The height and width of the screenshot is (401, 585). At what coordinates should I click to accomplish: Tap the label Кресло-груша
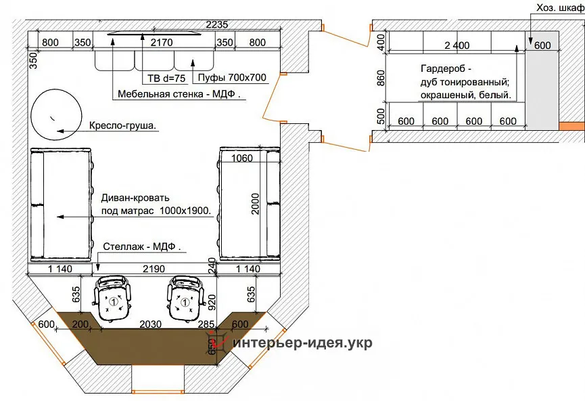tap(124, 126)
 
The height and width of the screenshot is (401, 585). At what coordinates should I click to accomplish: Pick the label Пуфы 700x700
tap(231, 77)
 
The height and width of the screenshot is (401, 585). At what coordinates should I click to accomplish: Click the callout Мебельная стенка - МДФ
tap(179, 94)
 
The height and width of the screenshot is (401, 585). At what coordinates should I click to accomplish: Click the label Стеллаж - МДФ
tap(144, 246)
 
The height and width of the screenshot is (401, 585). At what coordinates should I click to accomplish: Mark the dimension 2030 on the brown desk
tap(151, 324)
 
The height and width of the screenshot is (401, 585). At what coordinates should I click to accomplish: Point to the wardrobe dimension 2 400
tap(457, 45)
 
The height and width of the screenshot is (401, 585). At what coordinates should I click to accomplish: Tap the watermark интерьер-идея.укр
tap(302, 343)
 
